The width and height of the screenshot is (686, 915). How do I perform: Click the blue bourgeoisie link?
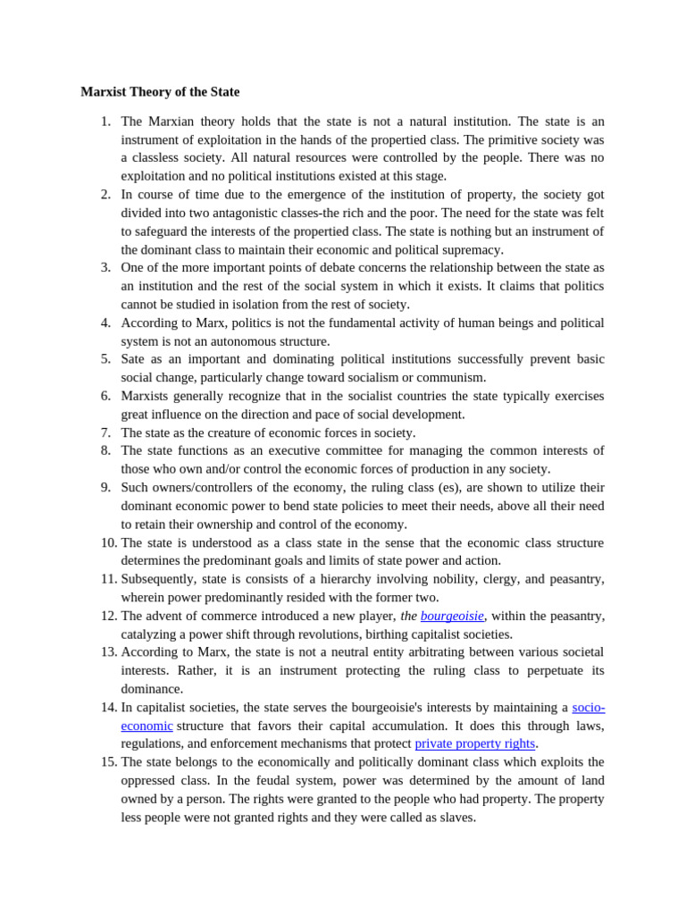(452, 616)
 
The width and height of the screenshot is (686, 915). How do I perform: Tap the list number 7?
(105, 432)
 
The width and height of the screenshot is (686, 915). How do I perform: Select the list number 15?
(108, 762)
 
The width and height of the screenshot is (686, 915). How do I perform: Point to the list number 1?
(105, 122)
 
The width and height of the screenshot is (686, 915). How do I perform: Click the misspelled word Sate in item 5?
(133, 359)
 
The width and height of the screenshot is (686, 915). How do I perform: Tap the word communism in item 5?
(444, 377)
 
